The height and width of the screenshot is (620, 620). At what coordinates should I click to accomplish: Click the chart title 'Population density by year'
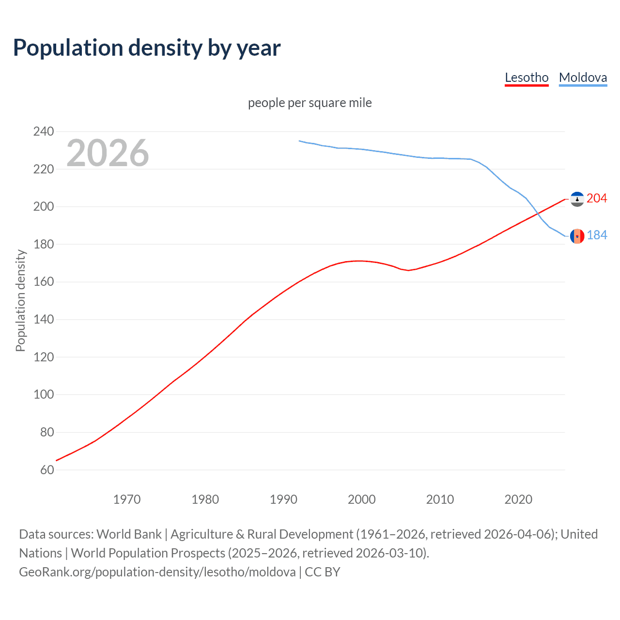[147, 47]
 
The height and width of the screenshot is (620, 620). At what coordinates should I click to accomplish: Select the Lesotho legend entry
[527, 77]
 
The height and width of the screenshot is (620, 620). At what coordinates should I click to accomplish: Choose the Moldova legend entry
[583, 77]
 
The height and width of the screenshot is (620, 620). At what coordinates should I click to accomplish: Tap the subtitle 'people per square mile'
[310, 103]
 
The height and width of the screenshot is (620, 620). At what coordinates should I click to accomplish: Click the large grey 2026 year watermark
[108, 153]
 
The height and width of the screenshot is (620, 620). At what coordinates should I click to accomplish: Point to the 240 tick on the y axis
[44, 131]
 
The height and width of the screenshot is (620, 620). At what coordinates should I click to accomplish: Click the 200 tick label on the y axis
[44, 206]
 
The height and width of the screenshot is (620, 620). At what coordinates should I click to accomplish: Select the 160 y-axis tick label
[44, 282]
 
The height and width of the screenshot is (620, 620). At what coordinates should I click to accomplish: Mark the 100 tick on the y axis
[44, 394]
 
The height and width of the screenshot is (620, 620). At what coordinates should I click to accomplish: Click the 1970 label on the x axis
[127, 499]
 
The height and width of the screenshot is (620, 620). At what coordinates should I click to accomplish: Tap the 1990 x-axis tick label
[283, 499]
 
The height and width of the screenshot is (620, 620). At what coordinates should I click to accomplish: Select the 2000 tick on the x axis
[362, 499]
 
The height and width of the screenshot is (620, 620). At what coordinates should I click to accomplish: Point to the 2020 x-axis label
[518, 499]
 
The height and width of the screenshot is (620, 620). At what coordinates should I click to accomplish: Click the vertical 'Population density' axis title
[20, 300]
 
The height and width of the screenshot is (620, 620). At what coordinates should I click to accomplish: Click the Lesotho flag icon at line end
[577, 199]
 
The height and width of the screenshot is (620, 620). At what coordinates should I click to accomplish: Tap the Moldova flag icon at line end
[577, 236]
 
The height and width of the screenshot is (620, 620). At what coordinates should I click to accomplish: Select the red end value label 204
[597, 198]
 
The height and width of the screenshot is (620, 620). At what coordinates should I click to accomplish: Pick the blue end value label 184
[597, 235]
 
